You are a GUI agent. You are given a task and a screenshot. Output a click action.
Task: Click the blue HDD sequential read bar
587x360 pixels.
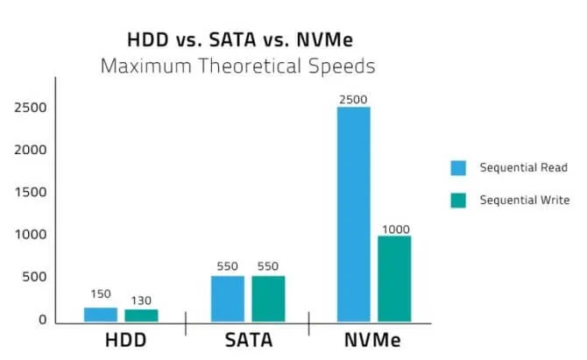(x=101, y=314)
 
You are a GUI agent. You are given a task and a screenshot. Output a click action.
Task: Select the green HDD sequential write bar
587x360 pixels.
(x=140, y=315)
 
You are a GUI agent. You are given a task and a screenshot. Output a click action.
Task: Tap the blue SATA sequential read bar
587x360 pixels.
(x=228, y=299)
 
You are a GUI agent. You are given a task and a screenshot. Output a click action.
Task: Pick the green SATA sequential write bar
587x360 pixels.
(x=268, y=299)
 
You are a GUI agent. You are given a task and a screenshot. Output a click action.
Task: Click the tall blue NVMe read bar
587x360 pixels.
(x=354, y=214)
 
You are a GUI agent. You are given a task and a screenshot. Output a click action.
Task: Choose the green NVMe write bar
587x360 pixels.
(x=394, y=278)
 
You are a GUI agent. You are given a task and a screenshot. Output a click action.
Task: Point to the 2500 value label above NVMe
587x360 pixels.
(x=353, y=100)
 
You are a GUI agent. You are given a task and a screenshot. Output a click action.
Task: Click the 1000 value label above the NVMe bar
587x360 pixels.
(x=394, y=229)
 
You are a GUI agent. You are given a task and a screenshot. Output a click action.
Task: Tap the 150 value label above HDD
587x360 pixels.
(x=101, y=294)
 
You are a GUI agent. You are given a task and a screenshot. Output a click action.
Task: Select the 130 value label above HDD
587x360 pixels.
(x=140, y=299)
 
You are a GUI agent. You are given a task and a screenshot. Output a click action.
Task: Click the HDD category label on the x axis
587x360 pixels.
(x=120, y=339)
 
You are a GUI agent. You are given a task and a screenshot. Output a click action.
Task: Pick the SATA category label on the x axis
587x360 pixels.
(x=248, y=339)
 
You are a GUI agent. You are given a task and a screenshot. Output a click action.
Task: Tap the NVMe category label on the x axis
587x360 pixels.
(x=374, y=339)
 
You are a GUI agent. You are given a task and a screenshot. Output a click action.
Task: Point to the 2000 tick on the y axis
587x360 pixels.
(x=31, y=150)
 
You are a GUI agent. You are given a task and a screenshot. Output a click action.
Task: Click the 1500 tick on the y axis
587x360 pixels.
(x=31, y=192)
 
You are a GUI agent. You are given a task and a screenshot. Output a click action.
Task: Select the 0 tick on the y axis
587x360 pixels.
(x=42, y=320)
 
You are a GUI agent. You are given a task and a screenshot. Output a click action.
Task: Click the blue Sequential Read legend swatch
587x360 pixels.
(x=458, y=167)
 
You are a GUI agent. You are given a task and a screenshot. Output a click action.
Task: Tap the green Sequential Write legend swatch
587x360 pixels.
(x=458, y=200)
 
